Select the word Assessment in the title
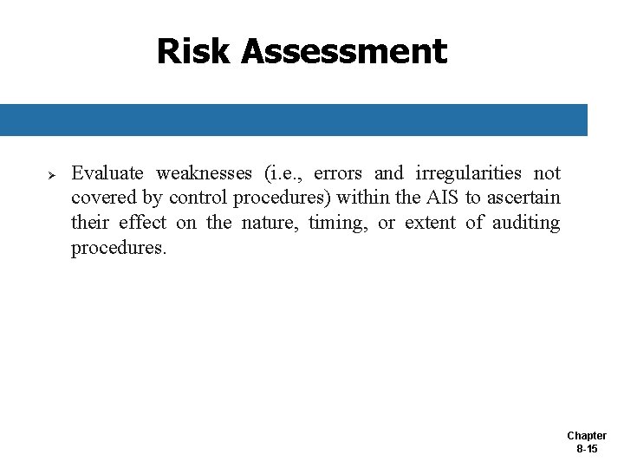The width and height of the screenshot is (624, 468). (344, 52)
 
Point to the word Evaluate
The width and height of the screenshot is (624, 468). (107, 173)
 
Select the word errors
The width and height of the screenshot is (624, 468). (337, 173)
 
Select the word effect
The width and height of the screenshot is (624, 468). (142, 223)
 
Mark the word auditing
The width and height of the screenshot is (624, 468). (526, 223)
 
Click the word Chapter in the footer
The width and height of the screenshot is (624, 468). (587, 436)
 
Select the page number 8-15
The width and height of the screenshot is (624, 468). (587, 449)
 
